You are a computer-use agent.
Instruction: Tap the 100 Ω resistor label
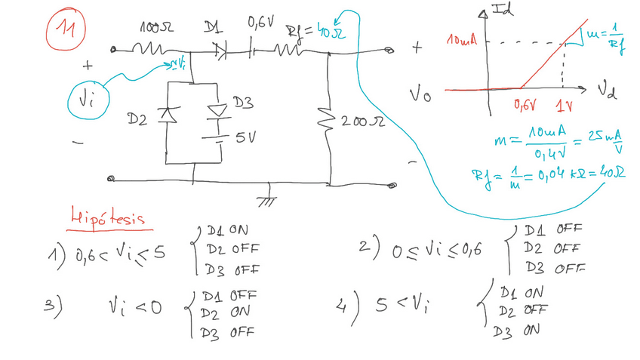pos(156,27)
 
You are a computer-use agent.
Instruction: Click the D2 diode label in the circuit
pos(137,119)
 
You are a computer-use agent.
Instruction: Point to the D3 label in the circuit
pos(242,103)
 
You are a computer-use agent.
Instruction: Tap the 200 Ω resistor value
pos(363,121)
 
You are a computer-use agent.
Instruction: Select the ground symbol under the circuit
pos(266,201)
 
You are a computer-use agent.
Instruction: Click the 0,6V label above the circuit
pos(260,23)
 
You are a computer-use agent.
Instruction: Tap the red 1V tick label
pos(564,106)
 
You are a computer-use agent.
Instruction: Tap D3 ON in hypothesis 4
pos(516,330)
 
